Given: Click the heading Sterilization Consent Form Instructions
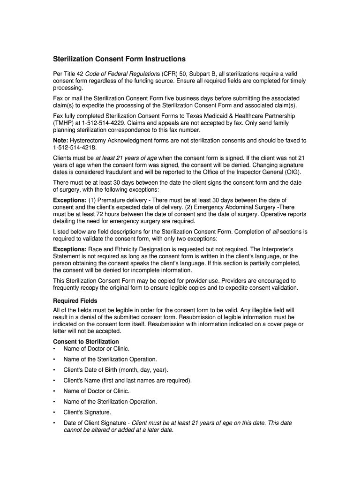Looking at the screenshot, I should point(119,59).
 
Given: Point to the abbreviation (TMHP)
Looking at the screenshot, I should point(65,123).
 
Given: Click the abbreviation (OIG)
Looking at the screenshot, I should point(290,172).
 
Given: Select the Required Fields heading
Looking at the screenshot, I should point(75,300).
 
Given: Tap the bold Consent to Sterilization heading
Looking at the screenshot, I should point(86,341).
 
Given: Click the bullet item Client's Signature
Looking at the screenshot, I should point(87,412).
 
